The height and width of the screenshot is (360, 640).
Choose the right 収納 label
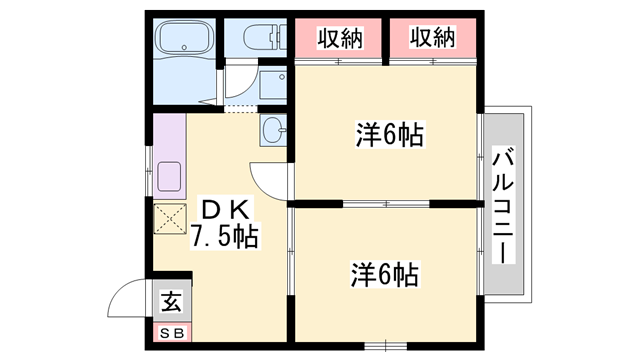point(432,38)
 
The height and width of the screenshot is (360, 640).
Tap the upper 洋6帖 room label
point(389,136)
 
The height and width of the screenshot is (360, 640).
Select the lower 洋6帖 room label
point(384,272)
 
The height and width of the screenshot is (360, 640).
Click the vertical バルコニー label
point(504,205)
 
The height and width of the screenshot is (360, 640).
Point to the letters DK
point(225,210)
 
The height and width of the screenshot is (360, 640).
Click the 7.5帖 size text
point(226,237)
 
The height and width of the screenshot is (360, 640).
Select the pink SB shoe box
point(170,330)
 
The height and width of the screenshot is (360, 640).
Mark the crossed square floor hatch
point(169,218)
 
